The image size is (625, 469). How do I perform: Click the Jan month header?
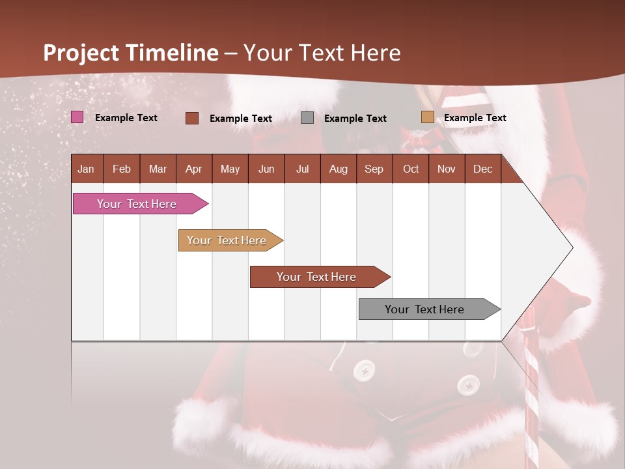point(86,169)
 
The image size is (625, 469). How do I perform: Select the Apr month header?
point(193,169)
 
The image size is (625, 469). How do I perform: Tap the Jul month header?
point(302,169)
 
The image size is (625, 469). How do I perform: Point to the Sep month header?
point(374,169)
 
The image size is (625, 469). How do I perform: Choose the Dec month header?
point(482,169)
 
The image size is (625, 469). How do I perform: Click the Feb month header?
point(122,169)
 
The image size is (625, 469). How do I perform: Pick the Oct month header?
point(411,169)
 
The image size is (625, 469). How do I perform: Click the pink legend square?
point(77,117)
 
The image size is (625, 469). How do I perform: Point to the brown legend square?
point(192,118)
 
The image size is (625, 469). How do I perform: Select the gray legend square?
point(307,118)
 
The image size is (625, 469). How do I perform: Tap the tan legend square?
point(427,117)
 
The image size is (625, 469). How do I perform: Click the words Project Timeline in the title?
point(131,53)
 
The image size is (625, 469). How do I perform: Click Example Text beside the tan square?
point(475,118)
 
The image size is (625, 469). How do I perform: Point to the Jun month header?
point(266,169)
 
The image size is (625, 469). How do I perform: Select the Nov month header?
point(447,169)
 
